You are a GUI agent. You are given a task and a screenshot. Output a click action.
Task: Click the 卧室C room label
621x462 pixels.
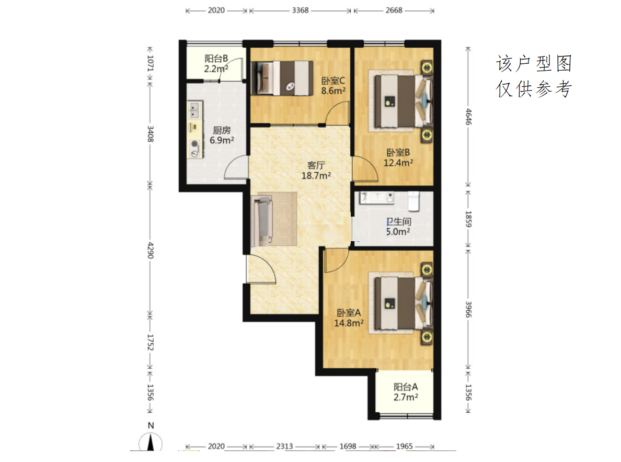point(333,81)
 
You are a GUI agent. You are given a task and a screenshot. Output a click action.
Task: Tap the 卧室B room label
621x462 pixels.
point(398,153)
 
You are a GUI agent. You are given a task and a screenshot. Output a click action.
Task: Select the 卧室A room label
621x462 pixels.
point(349,313)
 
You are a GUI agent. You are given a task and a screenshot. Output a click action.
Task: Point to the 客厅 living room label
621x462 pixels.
point(316,165)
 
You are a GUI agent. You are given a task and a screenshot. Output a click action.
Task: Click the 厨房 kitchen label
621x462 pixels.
point(222,130)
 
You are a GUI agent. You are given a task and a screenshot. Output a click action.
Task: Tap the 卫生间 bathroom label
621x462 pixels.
point(398,222)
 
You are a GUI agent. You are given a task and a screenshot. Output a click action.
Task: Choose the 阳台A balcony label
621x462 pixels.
point(406,387)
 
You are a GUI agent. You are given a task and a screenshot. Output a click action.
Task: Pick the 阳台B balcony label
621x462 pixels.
point(216,59)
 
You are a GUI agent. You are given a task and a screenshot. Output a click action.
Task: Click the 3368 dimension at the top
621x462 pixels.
point(300,10)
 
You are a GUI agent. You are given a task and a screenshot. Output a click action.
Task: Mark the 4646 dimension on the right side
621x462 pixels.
point(468,117)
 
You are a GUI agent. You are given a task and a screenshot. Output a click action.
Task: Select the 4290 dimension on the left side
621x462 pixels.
point(151,250)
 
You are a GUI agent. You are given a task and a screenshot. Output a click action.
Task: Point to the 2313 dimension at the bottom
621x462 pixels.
point(284,446)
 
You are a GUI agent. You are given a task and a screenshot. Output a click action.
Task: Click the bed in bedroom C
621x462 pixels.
point(282,78)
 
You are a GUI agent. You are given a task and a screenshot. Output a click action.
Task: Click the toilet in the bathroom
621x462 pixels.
point(413,201)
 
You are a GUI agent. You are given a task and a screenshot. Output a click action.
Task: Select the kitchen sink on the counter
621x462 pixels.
point(194,110)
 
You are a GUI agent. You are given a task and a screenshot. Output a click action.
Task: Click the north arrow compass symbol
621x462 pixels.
point(151,442)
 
